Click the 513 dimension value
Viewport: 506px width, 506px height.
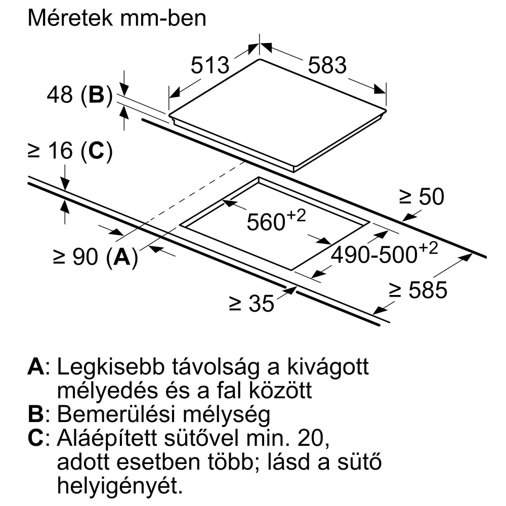tap(210, 65)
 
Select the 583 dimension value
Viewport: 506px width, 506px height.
tap(327, 65)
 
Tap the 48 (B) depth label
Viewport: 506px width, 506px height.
tap(80, 95)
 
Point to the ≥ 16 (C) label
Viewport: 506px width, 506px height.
tap(70, 151)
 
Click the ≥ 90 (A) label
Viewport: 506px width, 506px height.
tap(96, 257)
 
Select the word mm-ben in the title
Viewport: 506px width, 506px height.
tap(163, 18)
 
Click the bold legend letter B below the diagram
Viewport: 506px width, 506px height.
tap(35, 414)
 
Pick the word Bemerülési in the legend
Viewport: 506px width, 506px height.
tap(117, 414)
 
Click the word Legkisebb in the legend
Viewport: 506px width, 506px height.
tap(111, 367)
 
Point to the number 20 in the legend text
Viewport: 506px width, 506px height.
tap(313, 438)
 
